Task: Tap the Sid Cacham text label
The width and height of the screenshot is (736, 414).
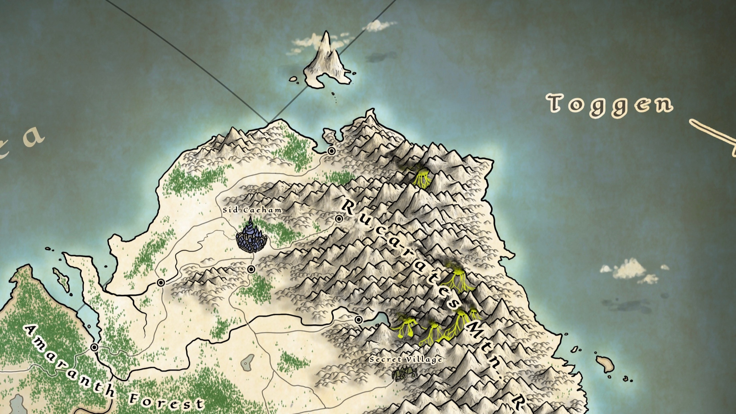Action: click(252, 210)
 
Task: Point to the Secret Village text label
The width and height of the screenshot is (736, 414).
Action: click(406, 359)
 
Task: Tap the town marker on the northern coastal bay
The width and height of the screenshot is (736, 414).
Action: click(331, 151)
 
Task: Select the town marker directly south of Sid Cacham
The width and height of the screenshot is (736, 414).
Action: click(251, 269)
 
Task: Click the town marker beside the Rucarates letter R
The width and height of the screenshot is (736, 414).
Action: click(339, 219)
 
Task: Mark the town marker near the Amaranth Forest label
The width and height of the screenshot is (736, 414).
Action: click(94, 347)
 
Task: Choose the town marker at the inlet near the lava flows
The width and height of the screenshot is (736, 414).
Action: click(358, 320)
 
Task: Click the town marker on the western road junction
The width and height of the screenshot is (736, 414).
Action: click(161, 283)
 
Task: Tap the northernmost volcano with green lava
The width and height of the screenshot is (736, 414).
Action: click(422, 177)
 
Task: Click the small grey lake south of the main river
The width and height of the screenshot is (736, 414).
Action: click(247, 362)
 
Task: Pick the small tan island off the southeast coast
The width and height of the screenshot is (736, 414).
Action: click(605, 364)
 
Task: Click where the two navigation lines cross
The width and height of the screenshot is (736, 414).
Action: click(268, 121)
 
